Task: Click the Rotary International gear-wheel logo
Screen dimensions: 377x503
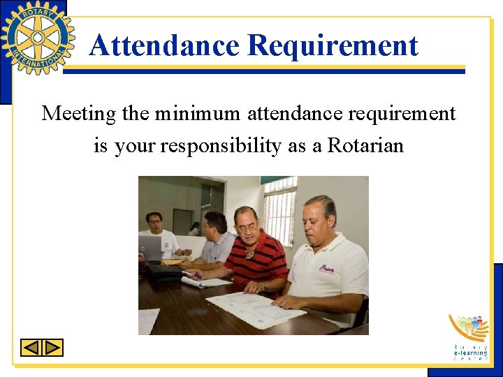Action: pyautogui.click(x=38, y=37)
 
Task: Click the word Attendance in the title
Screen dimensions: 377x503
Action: pyautogui.click(x=164, y=46)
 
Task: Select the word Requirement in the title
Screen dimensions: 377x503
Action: pyautogui.click(x=333, y=46)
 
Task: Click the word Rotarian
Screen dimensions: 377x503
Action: pyautogui.click(x=366, y=146)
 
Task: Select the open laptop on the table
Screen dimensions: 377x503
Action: pyautogui.click(x=151, y=249)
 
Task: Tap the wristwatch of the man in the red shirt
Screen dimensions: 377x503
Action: pyautogui.click(x=265, y=286)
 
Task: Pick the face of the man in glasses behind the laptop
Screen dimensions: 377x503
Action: pyautogui.click(x=154, y=223)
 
